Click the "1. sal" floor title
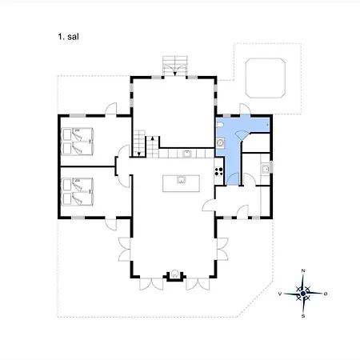click(x=68, y=37)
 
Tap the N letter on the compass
click(x=303, y=270)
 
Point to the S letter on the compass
click(x=303, y=316)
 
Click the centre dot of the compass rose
click(x=303, y=294)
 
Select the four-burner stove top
click(x=218, y=171)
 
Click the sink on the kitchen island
click(x=182, y=180)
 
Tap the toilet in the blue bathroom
click(x=219, y=125)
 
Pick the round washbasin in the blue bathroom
click(x=220, y=143)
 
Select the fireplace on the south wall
click(x=174, y=274)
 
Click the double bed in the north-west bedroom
click(x=78, y=142)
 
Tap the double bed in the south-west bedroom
click(x=78, y=191)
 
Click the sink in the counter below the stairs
click(x=187, y=154)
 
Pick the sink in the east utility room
click(x=266, y=169)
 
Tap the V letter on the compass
click(x=280, y=294)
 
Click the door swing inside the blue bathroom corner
click(x=242, y=134)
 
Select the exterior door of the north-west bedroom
click(x=111, y=110)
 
